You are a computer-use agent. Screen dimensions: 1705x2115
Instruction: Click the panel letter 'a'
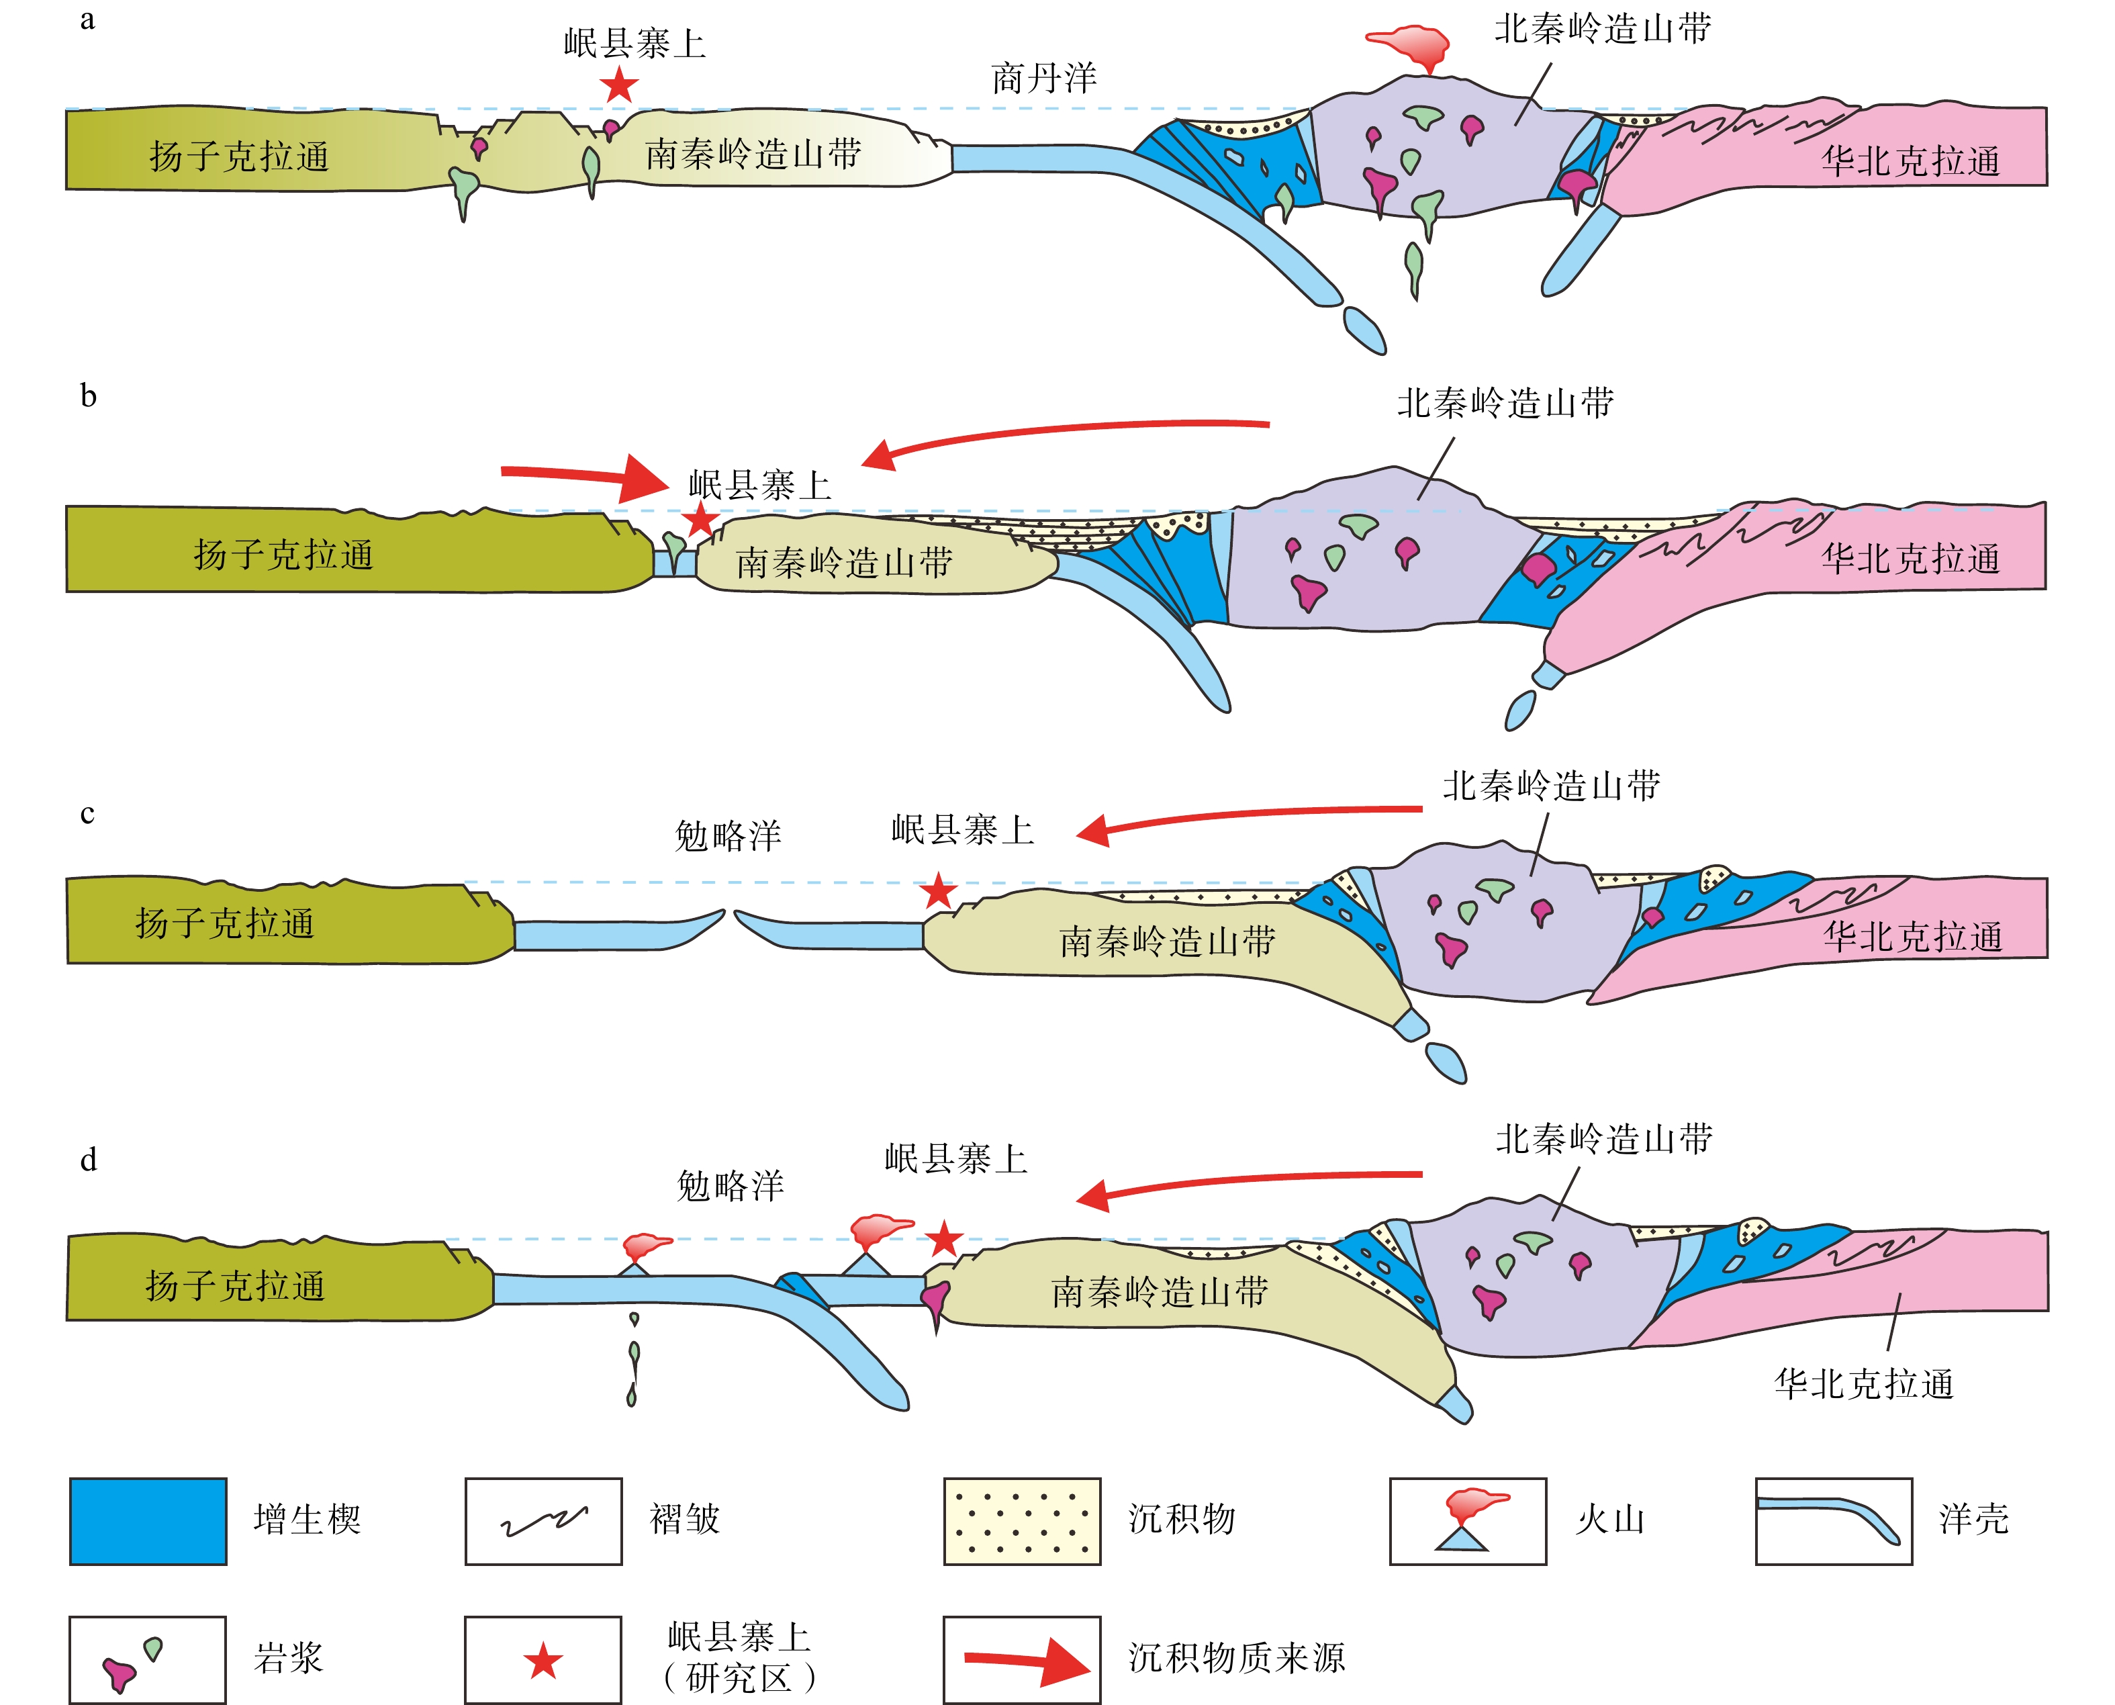87,19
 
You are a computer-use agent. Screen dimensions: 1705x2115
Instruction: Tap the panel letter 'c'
87,814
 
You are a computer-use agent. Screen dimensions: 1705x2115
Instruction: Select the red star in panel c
939,891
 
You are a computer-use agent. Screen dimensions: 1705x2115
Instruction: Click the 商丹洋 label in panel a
1044,78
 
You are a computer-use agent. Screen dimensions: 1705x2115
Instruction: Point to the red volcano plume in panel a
1409,44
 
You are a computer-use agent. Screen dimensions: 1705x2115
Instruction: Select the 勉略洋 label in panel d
730,1185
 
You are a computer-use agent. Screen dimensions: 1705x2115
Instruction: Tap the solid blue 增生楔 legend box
148,1520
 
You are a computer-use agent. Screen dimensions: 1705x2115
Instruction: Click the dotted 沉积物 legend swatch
1021,1520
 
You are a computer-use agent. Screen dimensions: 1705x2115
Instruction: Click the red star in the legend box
543,1661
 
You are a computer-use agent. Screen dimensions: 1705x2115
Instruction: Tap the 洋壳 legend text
1973,1520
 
